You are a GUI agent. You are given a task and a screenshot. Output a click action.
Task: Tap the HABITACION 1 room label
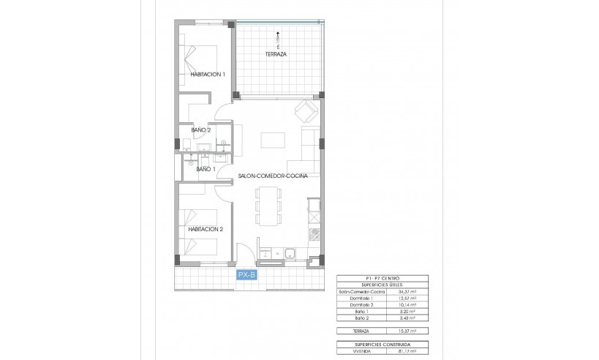[x=207, y=74]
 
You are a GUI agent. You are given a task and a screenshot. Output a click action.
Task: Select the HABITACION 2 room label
[x=206, y=229]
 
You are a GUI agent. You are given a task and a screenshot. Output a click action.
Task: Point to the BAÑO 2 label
[x=201, y=130]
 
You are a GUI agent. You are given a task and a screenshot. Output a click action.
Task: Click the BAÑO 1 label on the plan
[x=204, y=169]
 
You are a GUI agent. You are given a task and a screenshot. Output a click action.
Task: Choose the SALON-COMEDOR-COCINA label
[x=273, y=176]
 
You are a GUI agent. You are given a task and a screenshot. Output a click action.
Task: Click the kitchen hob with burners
[x=314, y=235]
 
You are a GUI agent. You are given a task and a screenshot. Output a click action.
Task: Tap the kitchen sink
[x=290, y=254]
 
